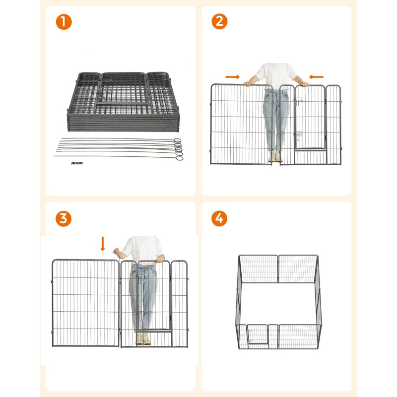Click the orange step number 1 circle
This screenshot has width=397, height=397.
coord(64,22)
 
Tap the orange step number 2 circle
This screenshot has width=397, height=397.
coord(219,21)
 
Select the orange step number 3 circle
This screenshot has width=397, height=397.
coord(64,218)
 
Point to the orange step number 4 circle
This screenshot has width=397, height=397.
coord(219,218)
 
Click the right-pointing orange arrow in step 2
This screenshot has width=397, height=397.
coord(232,77)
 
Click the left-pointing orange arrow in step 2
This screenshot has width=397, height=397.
coord(317,77)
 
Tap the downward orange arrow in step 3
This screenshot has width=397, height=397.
coord(103,244)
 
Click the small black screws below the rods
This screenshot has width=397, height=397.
coord(77,163)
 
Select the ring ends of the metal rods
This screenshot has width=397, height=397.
coord(179,149)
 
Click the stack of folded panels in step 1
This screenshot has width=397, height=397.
coord(123,102)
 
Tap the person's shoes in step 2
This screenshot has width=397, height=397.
coord(275,156)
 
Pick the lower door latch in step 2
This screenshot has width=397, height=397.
coord(298,135)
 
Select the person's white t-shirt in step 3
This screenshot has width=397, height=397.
coord(143,250)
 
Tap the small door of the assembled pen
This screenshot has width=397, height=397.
coord(258,334)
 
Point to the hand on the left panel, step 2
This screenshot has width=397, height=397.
coord(248,83)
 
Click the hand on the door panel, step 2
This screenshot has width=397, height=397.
coord(305,84)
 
